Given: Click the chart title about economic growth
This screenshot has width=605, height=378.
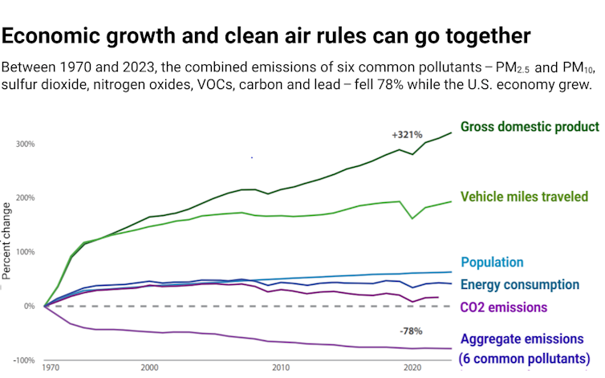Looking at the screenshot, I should click(266, 35).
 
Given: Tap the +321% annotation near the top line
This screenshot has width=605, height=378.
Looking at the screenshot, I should click(407, 135).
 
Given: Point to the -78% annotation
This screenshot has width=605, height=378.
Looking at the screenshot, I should click(411, 331).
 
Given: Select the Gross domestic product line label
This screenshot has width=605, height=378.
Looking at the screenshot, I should click(530, 127).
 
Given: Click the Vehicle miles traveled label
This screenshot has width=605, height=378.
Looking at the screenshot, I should click(525, 197).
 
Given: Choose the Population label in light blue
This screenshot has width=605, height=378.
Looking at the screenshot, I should click(491, 262).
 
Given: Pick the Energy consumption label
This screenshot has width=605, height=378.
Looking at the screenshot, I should click(519, 284).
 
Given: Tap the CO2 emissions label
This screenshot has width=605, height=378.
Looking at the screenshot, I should click(503, 307).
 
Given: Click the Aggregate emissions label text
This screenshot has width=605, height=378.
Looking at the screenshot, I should click(522, 339).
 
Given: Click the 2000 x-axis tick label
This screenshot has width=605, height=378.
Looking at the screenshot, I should click(149, 368).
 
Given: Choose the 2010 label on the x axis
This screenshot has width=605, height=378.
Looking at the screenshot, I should click(281, 368).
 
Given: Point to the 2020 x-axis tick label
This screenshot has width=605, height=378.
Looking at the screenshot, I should click(412, 368).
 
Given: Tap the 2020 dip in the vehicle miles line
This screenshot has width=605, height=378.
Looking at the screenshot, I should click(412, 217).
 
